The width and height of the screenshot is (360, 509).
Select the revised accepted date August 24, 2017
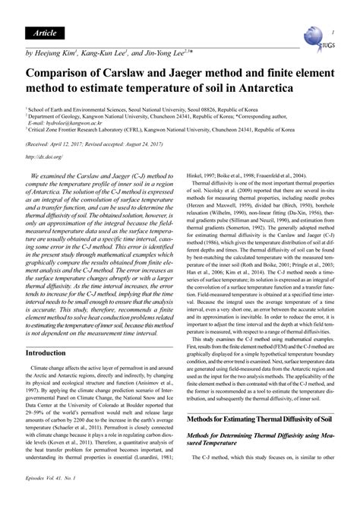(x=166, y=142)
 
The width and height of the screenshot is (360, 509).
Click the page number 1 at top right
(x=332, y=33)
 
